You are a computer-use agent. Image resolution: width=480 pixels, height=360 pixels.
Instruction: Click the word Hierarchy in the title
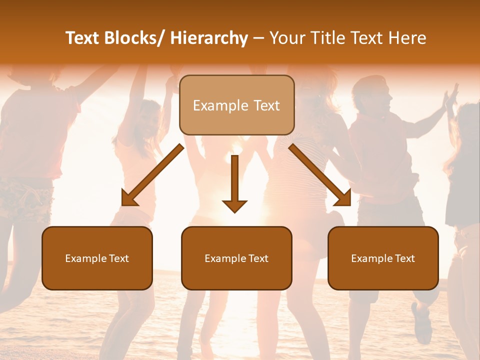pos(209,38)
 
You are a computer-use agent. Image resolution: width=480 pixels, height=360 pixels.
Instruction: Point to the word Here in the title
pos(408,38)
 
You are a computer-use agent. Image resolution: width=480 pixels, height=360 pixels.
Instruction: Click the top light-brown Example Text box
pos(236,105)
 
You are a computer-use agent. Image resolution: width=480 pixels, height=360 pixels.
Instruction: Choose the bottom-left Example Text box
pos(97,258)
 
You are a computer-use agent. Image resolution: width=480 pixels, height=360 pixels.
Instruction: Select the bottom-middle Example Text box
pos(236,258)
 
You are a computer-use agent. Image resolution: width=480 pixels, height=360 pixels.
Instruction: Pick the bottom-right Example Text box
pos(383,258)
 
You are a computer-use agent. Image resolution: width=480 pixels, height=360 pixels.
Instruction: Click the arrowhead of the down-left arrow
pos(128,199)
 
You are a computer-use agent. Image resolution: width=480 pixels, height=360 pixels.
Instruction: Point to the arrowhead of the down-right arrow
pos(344,199)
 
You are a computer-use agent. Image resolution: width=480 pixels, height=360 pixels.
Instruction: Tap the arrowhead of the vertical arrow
pos(234,205)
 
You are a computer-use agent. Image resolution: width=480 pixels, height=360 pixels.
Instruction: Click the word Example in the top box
pos(220,105)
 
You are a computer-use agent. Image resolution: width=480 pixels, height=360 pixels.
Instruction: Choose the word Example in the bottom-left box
pos(85,258)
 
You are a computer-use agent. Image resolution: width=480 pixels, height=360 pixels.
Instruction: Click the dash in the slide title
pos(258,38)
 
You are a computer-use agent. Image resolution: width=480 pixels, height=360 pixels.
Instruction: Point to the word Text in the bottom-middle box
pos(258,258)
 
